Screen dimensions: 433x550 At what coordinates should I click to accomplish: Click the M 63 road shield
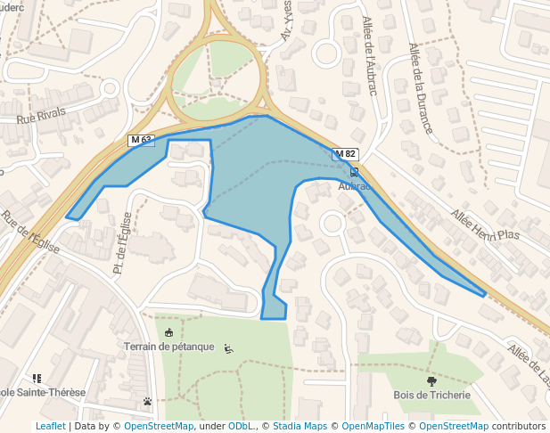(x=141, y=140)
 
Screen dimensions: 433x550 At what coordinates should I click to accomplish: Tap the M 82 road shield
(x=345, y=154)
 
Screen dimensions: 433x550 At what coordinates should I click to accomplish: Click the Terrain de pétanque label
(x=169, y=347)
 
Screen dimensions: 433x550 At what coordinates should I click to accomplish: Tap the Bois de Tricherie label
(x=431, y=395)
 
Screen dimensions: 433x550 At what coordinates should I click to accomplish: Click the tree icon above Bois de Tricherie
(x=432, y=380)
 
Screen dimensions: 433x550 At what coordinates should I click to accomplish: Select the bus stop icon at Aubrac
(x=355, y=173)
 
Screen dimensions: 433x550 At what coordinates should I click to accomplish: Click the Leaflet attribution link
(x=51, y=426)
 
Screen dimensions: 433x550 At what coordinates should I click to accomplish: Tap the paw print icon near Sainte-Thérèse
(x=147, y=401)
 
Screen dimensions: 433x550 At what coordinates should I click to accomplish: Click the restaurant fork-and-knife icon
(x=37, y=379)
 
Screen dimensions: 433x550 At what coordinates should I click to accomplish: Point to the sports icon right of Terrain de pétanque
(x=229, y=348)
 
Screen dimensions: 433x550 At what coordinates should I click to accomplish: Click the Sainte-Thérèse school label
(x=42, y=392)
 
